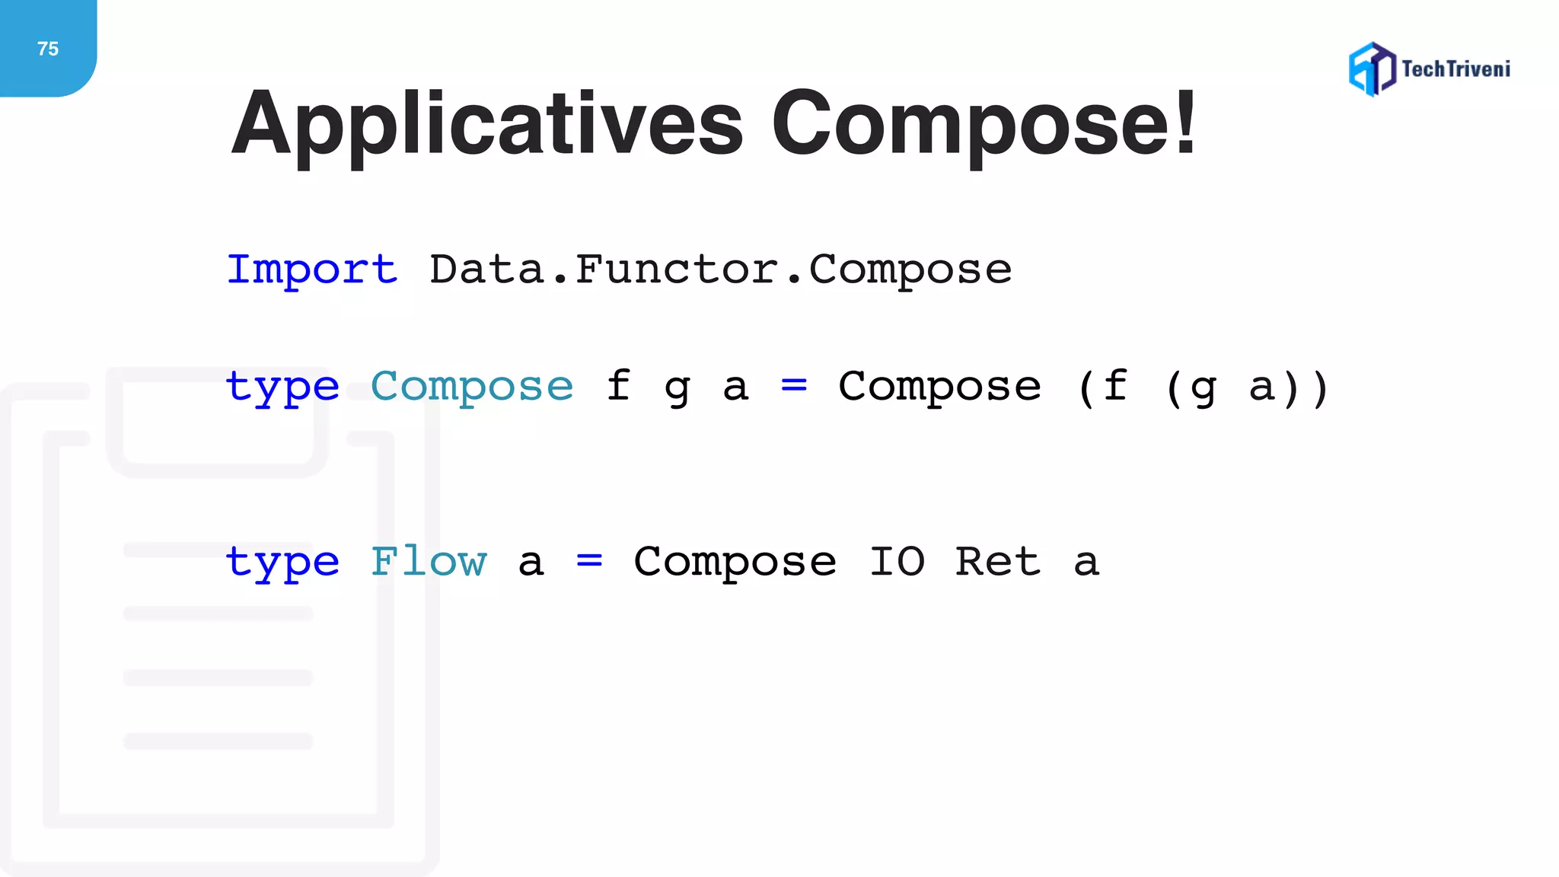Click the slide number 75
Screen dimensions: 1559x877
click(x=48, y=49)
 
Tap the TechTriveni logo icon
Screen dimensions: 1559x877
click(x=1372, y=69)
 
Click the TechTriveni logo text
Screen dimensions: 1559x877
click(x=1455, y=69)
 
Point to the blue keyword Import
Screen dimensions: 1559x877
click(x=312, y=269)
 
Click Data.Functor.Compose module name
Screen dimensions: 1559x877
click(x=720, y=269)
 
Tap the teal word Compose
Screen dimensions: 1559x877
click(x=472, y=387)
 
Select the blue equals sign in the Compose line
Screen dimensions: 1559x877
click(x=794, y=386)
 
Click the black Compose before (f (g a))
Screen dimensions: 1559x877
click(x=939, y=387)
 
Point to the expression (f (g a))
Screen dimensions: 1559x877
click(x=1203, y=387)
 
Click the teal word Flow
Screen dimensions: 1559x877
click(x=429, y=562)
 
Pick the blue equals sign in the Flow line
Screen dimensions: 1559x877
click(x=589, y=562)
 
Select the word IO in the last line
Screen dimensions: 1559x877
click(x=897, y=562)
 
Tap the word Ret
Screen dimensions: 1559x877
click(x=997, y=562)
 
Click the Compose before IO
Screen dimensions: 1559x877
click(x=735, y=562)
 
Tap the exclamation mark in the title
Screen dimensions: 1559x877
click(x=1184, y=123)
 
